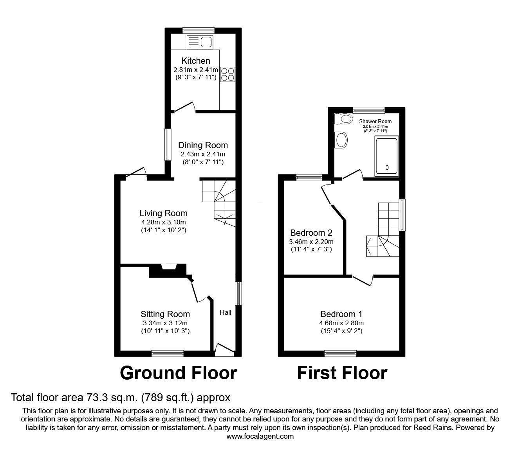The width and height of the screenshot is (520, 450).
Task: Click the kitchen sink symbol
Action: click(x=200, y=41)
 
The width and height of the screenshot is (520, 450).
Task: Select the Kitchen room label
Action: click(x=196, y=61)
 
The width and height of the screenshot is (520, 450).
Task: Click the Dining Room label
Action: click(x=203, y=145)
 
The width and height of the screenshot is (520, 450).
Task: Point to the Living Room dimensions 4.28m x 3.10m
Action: click(x=163, y=222)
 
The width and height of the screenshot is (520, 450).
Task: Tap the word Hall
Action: click(x=226, y=312)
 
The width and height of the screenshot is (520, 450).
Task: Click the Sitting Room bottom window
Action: click(x=168, y=353)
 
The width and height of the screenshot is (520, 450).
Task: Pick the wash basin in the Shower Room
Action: click(x=341, y=140)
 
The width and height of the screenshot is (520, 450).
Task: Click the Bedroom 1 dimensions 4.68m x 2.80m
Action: click(x=341, y=323)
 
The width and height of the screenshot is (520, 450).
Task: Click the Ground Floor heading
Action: click(x=178, y=373)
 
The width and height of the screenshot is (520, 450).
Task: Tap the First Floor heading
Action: click(x=342, y=373)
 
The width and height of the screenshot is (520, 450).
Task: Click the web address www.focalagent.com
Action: click(x=260, y=436)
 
